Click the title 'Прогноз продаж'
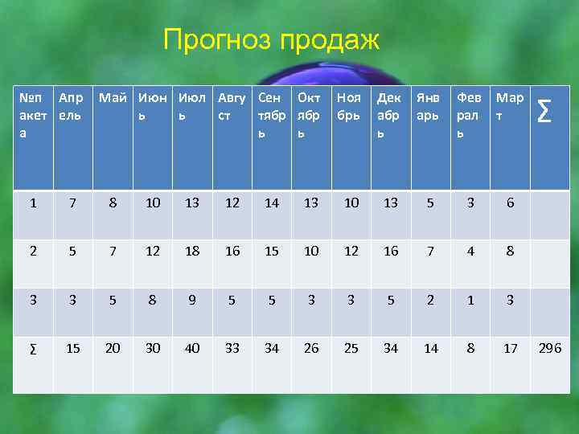click(270, 39)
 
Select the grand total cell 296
click(551, 348)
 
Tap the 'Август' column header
click(232, 106)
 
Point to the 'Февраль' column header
click(469, 113)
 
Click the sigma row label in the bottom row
click(33, 348)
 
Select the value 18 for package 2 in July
click(192, 252)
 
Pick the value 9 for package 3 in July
click(192, 300)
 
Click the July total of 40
click(192, 348)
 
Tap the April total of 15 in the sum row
click(73, 348)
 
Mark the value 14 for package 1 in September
click(272, 203)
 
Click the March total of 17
click(510, 348)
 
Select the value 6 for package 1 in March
click(510, 203)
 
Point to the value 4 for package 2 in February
click(470, 252)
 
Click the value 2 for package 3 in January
click(431, 300)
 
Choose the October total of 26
click(311, 348)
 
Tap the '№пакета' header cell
click(33, 113)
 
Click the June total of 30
click(153, 348)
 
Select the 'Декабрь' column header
click(390, 113)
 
